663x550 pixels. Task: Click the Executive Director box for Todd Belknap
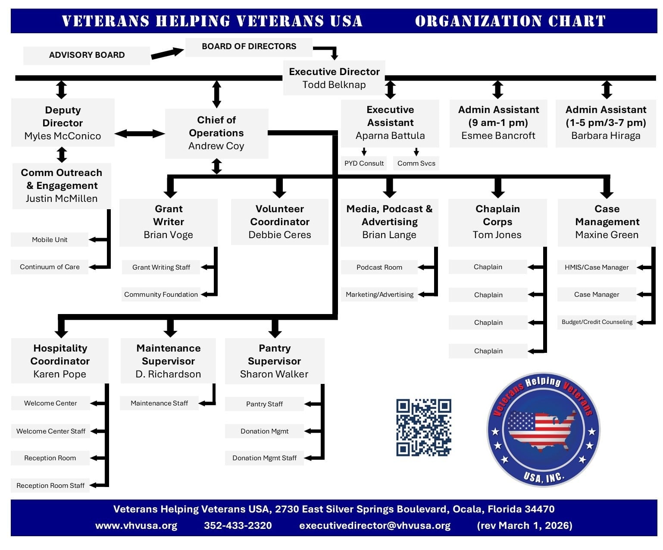[334, 78]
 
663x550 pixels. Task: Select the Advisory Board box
[87, 55]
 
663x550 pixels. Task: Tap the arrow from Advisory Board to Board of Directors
[167, 53]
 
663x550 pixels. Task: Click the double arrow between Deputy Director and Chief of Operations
[140, 134]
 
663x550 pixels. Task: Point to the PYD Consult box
[364, 163]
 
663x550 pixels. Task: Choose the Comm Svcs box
[416, 163]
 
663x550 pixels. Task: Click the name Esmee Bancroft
[498, 136]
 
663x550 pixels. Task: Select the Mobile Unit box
[50, 240]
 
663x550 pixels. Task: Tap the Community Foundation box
[161, 295]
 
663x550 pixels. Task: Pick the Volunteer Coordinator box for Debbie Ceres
[280, 222]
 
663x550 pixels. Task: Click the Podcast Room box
[379, 267]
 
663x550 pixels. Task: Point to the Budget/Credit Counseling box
[597, 322]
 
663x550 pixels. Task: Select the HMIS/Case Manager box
[597, 267]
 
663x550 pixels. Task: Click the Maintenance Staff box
[159, 403]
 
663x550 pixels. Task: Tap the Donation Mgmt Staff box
[264, 458]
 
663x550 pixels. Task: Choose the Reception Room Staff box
[50, 486]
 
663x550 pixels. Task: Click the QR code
[423, 427]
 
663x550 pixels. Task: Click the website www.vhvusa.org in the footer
[136, 526]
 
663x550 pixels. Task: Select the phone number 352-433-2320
[238, 526]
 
